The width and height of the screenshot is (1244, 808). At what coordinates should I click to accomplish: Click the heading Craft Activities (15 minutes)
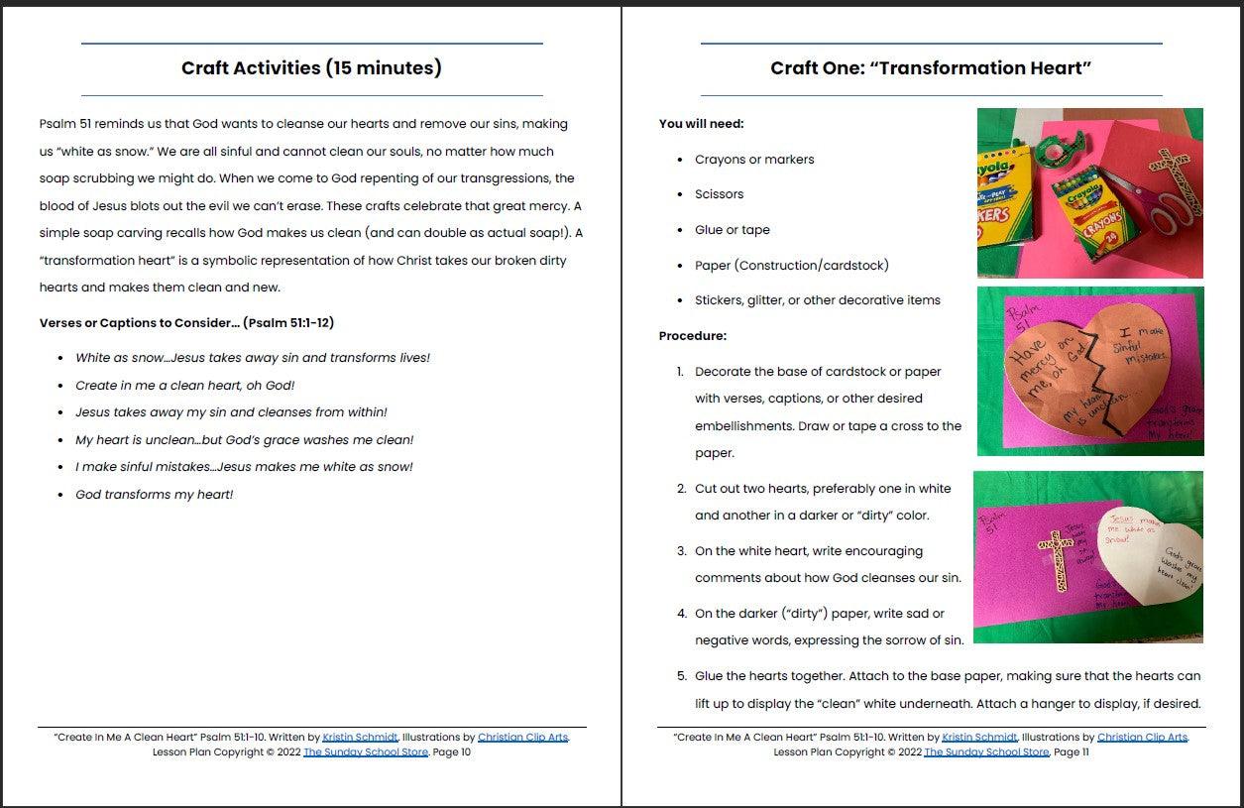click(311, 68)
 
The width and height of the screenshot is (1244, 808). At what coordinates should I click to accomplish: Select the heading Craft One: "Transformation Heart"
click(931, 68)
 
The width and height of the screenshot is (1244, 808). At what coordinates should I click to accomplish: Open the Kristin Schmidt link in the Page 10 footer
click(360, 738)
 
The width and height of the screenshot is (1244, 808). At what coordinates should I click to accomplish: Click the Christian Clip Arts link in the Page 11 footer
click(1142, 738)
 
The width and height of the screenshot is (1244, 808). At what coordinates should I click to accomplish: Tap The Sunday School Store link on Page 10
click(366, 752)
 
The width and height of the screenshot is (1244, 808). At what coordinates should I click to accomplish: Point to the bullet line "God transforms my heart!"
click(154, 495)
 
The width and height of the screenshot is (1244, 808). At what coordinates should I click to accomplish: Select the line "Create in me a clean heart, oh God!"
click(184, 385)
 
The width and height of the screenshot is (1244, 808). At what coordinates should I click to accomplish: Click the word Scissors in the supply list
click(719, 194)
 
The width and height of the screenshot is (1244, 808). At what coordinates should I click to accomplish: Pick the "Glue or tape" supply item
click(732, 230)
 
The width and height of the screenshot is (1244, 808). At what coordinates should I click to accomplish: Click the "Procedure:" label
click(692, 336)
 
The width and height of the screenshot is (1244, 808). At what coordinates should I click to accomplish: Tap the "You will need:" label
click(701, 124)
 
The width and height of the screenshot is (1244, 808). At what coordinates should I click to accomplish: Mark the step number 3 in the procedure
click(681, 551)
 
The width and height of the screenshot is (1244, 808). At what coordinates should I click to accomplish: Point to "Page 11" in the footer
click(1072, 752)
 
